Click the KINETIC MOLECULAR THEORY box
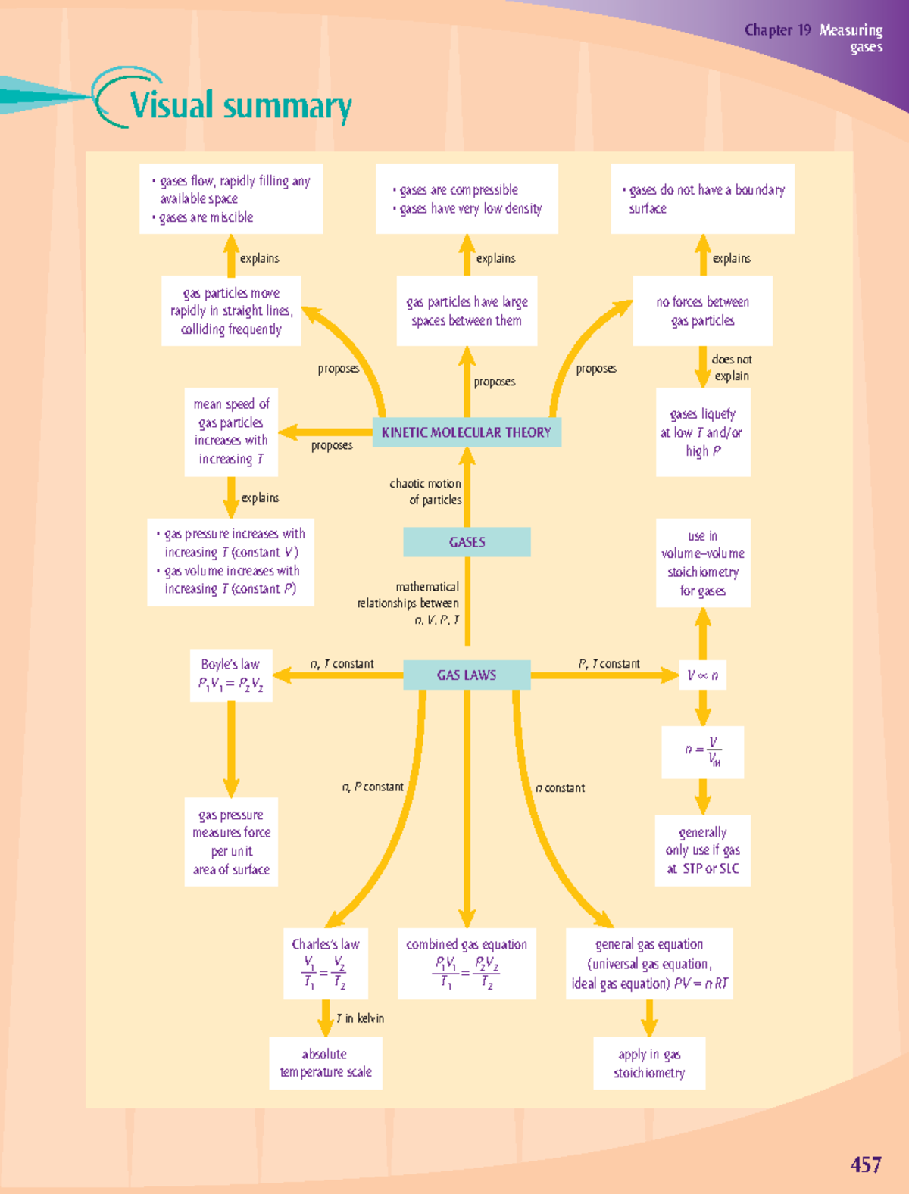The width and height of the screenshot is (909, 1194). coord(467,432)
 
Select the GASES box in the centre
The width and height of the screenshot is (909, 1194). coord(467,542)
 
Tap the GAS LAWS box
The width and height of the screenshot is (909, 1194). coord(467,675)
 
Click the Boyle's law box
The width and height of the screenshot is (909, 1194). coord(231,675)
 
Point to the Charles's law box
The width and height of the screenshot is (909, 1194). coord(326,964)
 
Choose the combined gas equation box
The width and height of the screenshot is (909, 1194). coord(467,964)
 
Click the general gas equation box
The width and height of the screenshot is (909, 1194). coord(649,964)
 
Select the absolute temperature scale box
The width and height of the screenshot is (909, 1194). coord(326,1063)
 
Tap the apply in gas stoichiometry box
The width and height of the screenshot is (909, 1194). coord(649,1063)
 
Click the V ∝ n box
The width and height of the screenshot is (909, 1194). coord(703,675)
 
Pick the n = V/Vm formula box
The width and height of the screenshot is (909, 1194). coord(703,752)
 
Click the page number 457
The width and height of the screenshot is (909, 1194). coord(866,1164)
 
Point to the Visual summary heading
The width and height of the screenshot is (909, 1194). coord(240,105)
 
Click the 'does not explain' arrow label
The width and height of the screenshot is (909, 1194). coord(731,367)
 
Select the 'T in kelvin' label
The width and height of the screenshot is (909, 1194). coord(361,1018)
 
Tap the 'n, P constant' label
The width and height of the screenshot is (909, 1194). coord(373,787)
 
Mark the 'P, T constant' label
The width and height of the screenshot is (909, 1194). coord(609,664)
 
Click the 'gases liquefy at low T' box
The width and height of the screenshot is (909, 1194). coord(703,432)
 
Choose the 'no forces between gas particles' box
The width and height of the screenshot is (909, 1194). coord(703,311)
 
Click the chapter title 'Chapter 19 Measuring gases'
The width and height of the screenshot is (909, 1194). coord(814,38)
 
